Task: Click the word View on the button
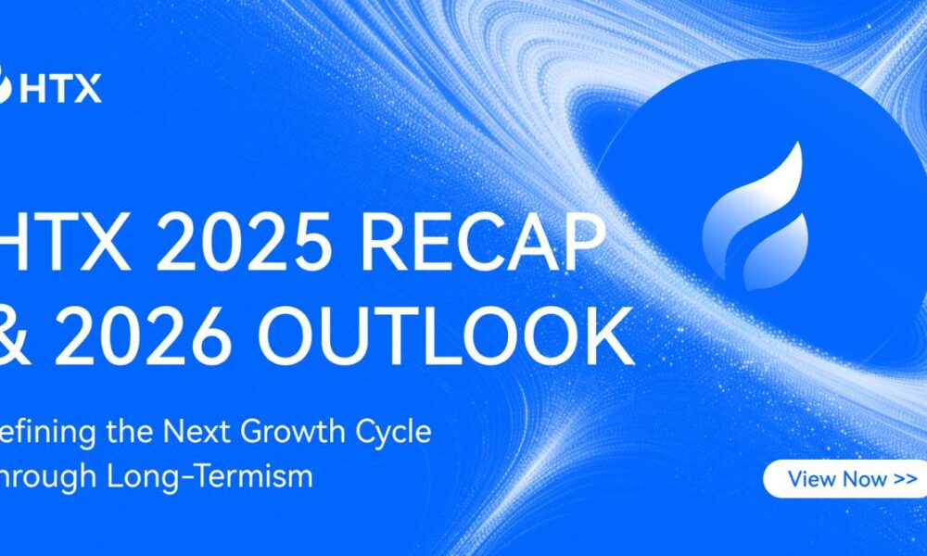810,479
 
